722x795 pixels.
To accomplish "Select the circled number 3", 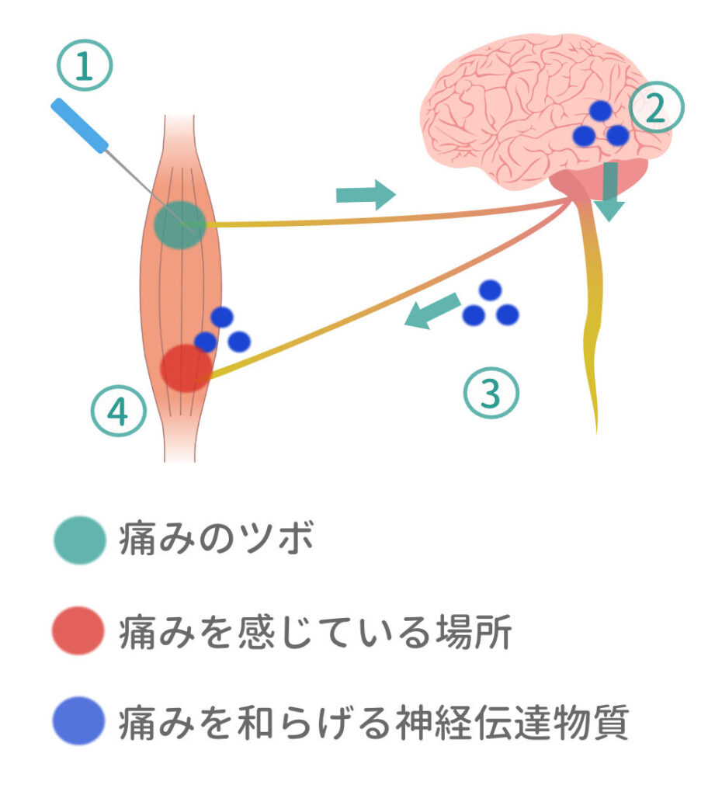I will [x=490, y=394].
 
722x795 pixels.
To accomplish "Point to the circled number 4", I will [x=118, y=412].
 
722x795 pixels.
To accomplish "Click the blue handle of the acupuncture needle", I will [x=79, y=125].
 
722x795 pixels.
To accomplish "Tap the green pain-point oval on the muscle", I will [x=180, y=224].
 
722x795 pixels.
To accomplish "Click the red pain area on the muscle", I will [x=186, y=367].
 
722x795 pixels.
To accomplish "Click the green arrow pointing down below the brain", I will [x=610, y=191].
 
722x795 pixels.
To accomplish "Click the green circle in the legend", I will [x=78, y=540].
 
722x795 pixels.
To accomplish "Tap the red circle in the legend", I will [x=78, y=631].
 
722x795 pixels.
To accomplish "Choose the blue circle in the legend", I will [x=78, y=722].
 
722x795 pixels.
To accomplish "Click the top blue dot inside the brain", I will [x=600, y=111].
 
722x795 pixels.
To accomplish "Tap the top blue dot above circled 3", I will [x=490, y=290].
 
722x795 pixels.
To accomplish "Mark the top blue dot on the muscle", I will [x=222, y=317].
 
